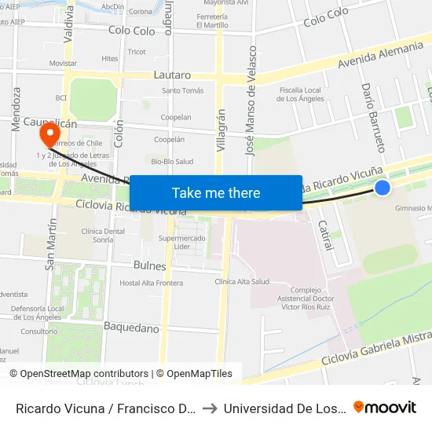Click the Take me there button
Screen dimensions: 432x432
216,192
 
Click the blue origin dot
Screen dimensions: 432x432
382,187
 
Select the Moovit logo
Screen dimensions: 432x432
384,407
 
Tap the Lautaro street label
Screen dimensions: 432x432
173,75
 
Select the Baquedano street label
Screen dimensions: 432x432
131,327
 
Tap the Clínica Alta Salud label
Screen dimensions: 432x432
241,281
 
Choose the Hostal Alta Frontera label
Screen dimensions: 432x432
151,283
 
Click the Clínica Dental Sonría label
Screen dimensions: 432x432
103,235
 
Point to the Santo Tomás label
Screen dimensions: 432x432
182,91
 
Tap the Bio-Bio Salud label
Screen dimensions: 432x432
172,162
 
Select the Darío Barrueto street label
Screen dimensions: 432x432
372,118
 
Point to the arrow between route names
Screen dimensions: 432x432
209,408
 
